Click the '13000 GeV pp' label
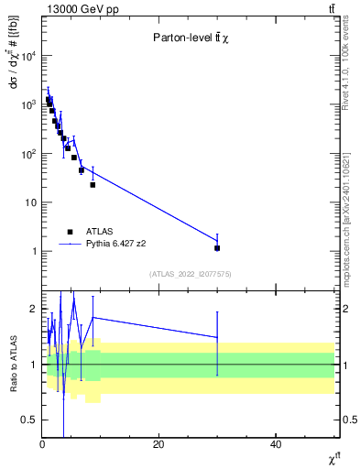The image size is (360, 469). point(71,8)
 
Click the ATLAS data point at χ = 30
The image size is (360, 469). point(217,247)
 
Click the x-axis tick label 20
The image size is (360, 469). point(158,444)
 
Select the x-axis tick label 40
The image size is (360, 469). point(276,444)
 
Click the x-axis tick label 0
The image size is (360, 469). point(42,444)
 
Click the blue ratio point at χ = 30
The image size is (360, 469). point(217,337)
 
